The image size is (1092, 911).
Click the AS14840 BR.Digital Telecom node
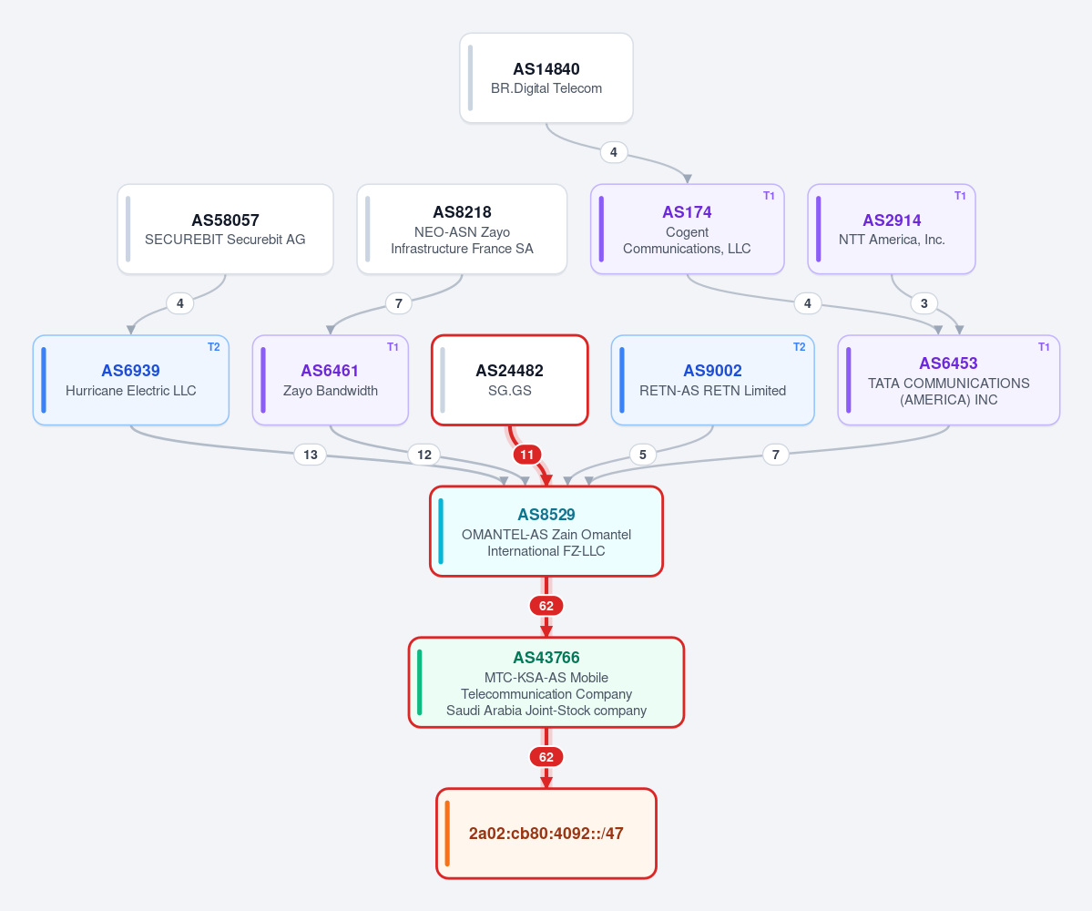click(x=546, y=78)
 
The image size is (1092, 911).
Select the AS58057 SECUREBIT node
click(x=225, y=230)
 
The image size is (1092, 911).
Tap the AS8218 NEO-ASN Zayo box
click(x=462, y=230)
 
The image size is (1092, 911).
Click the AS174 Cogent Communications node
click(x=688, y=230)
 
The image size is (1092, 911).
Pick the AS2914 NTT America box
click(x=892, y=230)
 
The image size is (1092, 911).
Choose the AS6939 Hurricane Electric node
click(x=131, y=380)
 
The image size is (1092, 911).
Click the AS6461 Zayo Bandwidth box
click(x=330, y=380)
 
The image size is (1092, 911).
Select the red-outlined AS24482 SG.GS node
click(x=510, y=380)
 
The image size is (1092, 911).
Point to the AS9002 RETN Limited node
click(x=712, y=380)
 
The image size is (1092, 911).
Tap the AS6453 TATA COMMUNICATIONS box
click(x=948, y=380)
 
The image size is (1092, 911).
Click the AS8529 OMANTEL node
click(x=546, y=531)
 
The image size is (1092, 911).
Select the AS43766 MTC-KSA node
click(x=546, y=682)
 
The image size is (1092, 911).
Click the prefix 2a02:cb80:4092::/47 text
click(x=546, y=834)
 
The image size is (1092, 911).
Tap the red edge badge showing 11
click(x=527, y=455)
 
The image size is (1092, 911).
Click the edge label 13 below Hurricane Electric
click(x=311, y=455)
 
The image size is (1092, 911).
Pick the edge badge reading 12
click(x=424, y=455)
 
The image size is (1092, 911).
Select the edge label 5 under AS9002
click(x=643, y=455)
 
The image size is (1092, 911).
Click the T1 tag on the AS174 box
click(x=769, y=196)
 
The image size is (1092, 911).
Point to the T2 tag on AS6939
click(x=214, y=347)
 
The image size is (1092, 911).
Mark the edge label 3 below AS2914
click(x=924, y=303)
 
